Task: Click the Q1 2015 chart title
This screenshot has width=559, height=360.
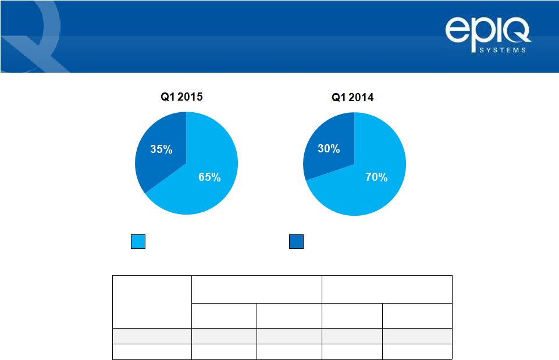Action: point(181,97)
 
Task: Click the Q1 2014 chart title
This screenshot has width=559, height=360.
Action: point(353,97)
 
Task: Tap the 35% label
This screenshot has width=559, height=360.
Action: point(161,149)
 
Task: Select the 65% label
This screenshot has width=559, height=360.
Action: point(209,177)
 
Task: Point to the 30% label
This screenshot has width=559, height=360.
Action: point(329,149)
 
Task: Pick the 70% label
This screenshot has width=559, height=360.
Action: point(376,177)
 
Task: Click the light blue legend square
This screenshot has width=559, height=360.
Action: point(138,242)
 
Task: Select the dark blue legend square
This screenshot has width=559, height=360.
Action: point(296,242)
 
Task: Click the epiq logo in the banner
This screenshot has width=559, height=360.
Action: point(488,35)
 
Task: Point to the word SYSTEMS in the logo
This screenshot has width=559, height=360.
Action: point(503,50)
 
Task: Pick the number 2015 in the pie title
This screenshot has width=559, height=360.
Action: point(190,97)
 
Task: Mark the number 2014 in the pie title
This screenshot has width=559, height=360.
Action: point(361,97)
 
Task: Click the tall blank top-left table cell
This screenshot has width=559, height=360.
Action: point(152,301)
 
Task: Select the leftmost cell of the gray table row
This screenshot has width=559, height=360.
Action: point(152,336)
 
